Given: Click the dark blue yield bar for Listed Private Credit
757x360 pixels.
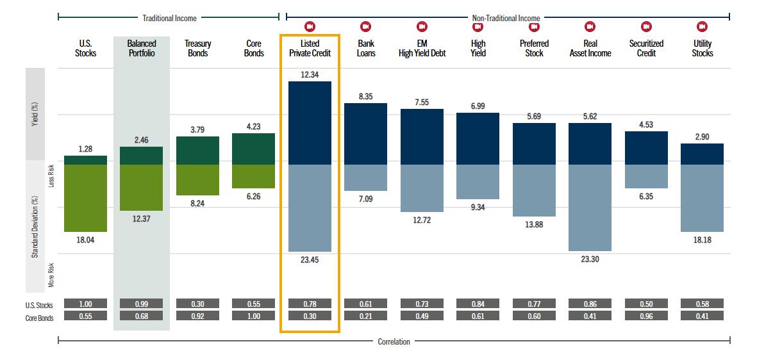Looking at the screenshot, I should [310, 123].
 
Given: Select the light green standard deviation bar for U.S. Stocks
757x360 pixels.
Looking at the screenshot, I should [85, 198].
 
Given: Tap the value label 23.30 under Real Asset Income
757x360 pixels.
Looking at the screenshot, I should [590, 259].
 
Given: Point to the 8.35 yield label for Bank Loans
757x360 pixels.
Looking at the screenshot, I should [365, 96].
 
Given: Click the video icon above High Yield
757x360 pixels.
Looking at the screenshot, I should [478, 26].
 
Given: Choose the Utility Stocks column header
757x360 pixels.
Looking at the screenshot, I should [702, 49].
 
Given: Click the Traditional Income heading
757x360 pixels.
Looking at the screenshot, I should [169, 18].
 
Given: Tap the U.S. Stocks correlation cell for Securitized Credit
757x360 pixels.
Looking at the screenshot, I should [646, 303].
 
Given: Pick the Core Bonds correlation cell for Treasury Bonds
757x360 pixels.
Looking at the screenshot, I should [197, 316].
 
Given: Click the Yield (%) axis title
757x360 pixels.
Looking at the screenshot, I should [35, 114].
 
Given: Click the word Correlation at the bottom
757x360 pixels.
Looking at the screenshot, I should [394, 341].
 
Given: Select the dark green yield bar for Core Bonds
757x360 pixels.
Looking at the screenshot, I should [253, 149].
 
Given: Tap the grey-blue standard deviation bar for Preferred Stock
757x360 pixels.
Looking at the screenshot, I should [534, 190].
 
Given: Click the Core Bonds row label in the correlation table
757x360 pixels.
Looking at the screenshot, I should [35, 316].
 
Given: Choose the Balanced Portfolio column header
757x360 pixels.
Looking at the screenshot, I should [142, 49].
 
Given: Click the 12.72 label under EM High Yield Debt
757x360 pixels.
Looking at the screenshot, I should [422, 220].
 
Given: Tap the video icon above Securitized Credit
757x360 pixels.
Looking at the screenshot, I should [646, 26].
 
